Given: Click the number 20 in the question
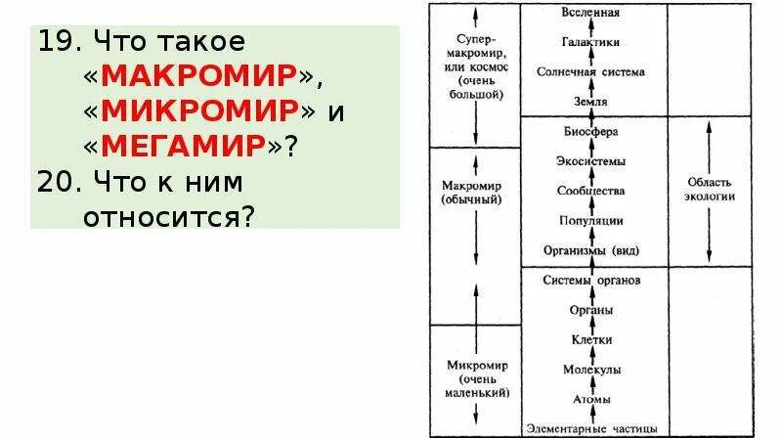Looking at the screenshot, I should tap(57, 182).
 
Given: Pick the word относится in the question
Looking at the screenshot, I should tap(169, 216).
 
